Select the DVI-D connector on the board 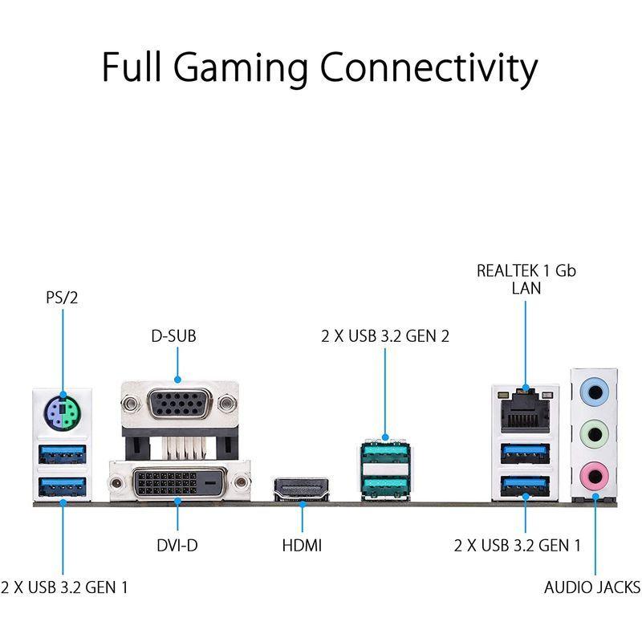click(x=179, y=482)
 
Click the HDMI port click(x=302, y=489)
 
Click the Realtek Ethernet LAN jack click(x=525, y=412)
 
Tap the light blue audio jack click(x=595, y=394)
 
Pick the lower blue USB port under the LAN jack click(x=525, y=485)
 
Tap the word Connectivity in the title click(x=429, y=69)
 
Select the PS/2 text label click(x=63, y=299)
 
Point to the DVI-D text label click(x=177, y=546)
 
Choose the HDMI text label click(x=302, y=546)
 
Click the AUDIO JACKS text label click(x=592, y=587)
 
